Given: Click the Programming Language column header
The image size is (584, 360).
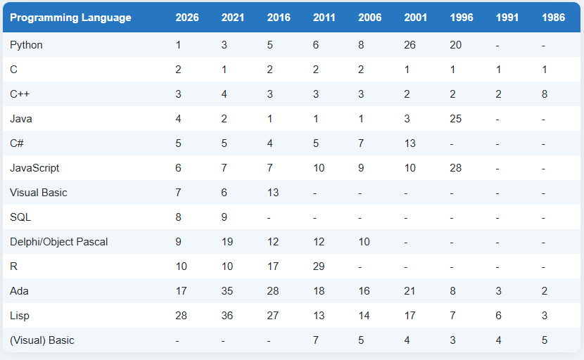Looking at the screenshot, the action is (x=70, y=18).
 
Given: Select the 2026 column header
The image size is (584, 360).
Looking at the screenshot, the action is (x=187, y=18).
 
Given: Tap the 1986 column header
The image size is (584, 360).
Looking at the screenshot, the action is (x=553, y=18).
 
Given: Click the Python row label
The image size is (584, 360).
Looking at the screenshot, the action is (x=26, y=45).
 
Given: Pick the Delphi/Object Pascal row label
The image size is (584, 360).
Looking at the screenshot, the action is (x=59, y=242).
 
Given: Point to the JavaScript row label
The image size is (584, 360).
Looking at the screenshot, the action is (x=34, y=168).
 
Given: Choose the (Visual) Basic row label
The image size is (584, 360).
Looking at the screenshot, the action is (x=42, y=340).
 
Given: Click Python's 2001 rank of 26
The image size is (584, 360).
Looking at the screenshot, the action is (x=410, y=45).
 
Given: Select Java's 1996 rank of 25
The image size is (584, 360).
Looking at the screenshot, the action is (x=455, y=119).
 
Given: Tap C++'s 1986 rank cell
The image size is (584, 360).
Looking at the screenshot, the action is (x=545, y=94).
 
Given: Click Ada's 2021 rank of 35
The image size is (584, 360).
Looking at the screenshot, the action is (x=227, y=291).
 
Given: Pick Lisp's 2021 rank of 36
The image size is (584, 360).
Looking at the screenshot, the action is (x=227, y=316).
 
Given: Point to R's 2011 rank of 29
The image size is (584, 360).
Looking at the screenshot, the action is (x=319, y=266).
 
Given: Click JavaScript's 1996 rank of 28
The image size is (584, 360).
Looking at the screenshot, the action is (x=455, y=168).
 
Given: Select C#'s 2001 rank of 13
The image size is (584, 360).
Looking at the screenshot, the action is (x=410, y=143).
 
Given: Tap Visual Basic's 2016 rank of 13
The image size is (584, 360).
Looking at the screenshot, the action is (x=272, y=193).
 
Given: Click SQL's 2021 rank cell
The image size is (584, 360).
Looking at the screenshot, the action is (x=224, y=217).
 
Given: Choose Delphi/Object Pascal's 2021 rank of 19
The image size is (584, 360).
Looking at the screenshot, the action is (x=227, y=242).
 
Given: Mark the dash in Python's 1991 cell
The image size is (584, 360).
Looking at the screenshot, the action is (x=497, y=46).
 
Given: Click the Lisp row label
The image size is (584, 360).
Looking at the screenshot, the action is (x=20, y=316).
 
